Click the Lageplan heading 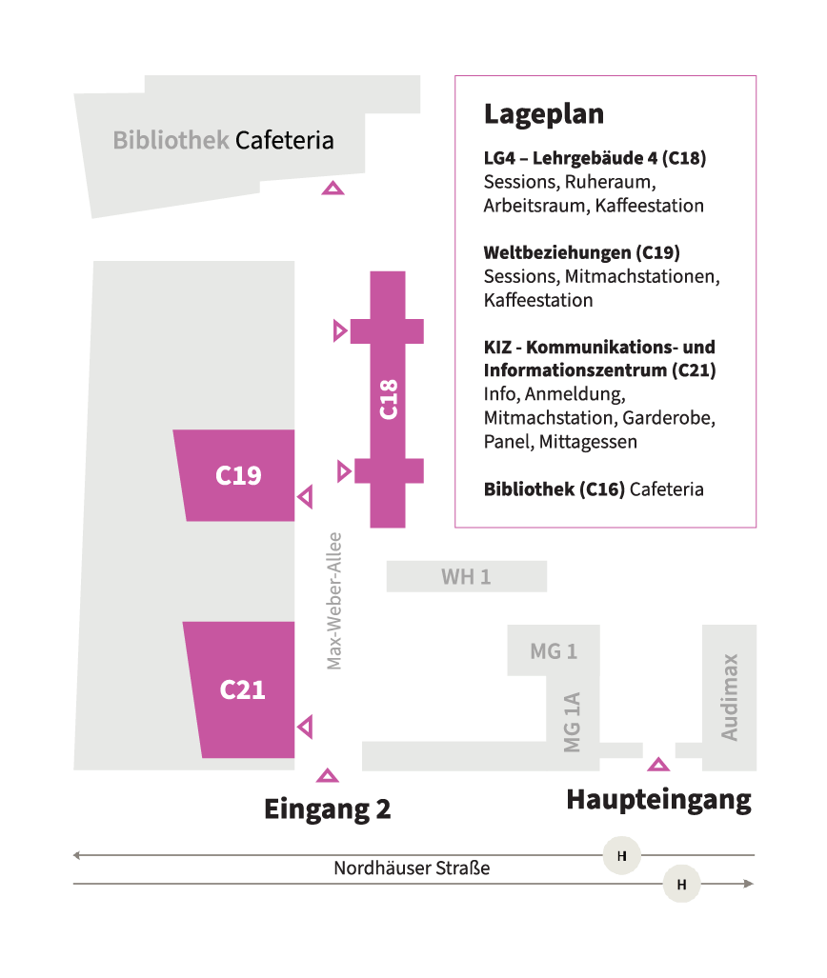click(x=544, y=115)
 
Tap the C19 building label click(x=238, y=476)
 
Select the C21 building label click(x=242, y=689)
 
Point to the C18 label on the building click(x=388, y=399)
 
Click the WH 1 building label click(x=466, y=577)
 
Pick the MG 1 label click(x=554, y=651)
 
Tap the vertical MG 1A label click(x=572, y=722)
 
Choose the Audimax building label click(x=730, y=697)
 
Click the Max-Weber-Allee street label click(x=335, y=601)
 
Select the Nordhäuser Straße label click(x=412, y=868)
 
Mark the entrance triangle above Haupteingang click(x=658, y=765)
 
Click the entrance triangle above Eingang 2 click(x=327, y=776)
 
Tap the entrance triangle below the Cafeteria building click(x=333, y=189)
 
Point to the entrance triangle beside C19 click(x=305, y=497)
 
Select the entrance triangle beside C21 click(x=305, y=727)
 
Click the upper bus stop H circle click(x=621, y=856)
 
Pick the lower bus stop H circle click(x=681, y=884)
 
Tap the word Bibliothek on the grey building click(x=171, y=140)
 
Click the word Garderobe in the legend click(x=669, y=418)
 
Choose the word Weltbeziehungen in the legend click(x=557, y=252)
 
